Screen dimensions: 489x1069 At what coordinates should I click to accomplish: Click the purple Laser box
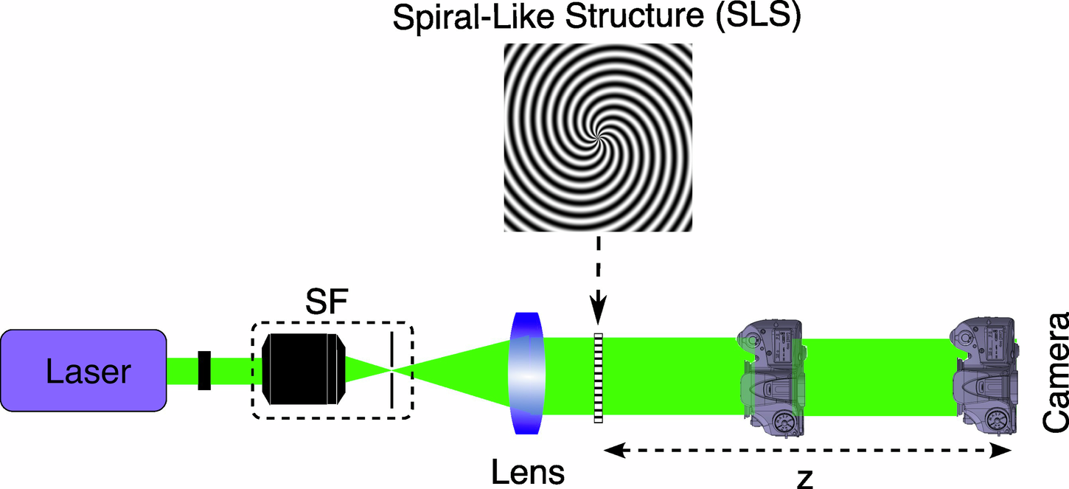[83, 370]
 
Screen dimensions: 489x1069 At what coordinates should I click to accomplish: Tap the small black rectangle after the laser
[205, 370]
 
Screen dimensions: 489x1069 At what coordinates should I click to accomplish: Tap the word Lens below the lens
[529, 471]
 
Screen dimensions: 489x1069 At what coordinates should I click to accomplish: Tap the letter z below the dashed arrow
[806, 479]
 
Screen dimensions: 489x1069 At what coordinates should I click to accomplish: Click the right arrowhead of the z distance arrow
[1004, 450]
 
